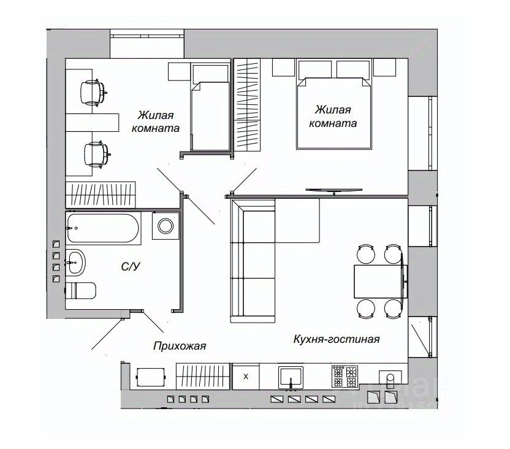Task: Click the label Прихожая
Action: click(x=180, y=346)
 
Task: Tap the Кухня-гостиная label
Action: click(x=337, y=339)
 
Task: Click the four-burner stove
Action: click(x=344, y=376)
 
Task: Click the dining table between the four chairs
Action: click(x=378, y=281)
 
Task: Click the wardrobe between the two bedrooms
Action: click(x=249, y=104)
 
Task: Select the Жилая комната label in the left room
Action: click(x=156, y=122)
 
